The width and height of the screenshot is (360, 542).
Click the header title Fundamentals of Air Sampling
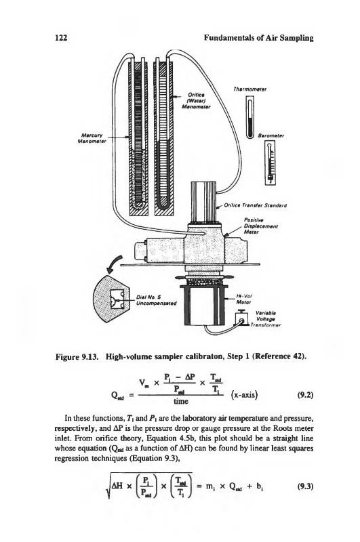(258, 38)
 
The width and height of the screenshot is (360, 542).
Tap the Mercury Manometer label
(92, 139)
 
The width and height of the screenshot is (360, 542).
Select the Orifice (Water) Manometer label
(196, 100)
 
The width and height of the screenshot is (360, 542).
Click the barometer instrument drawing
(271, 163)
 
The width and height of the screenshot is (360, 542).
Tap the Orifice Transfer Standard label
(256, 206)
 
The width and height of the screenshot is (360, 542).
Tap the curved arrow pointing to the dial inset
(115, 264)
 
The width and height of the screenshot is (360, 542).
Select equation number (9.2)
(305, 395)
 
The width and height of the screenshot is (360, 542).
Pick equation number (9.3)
(305, 486)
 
